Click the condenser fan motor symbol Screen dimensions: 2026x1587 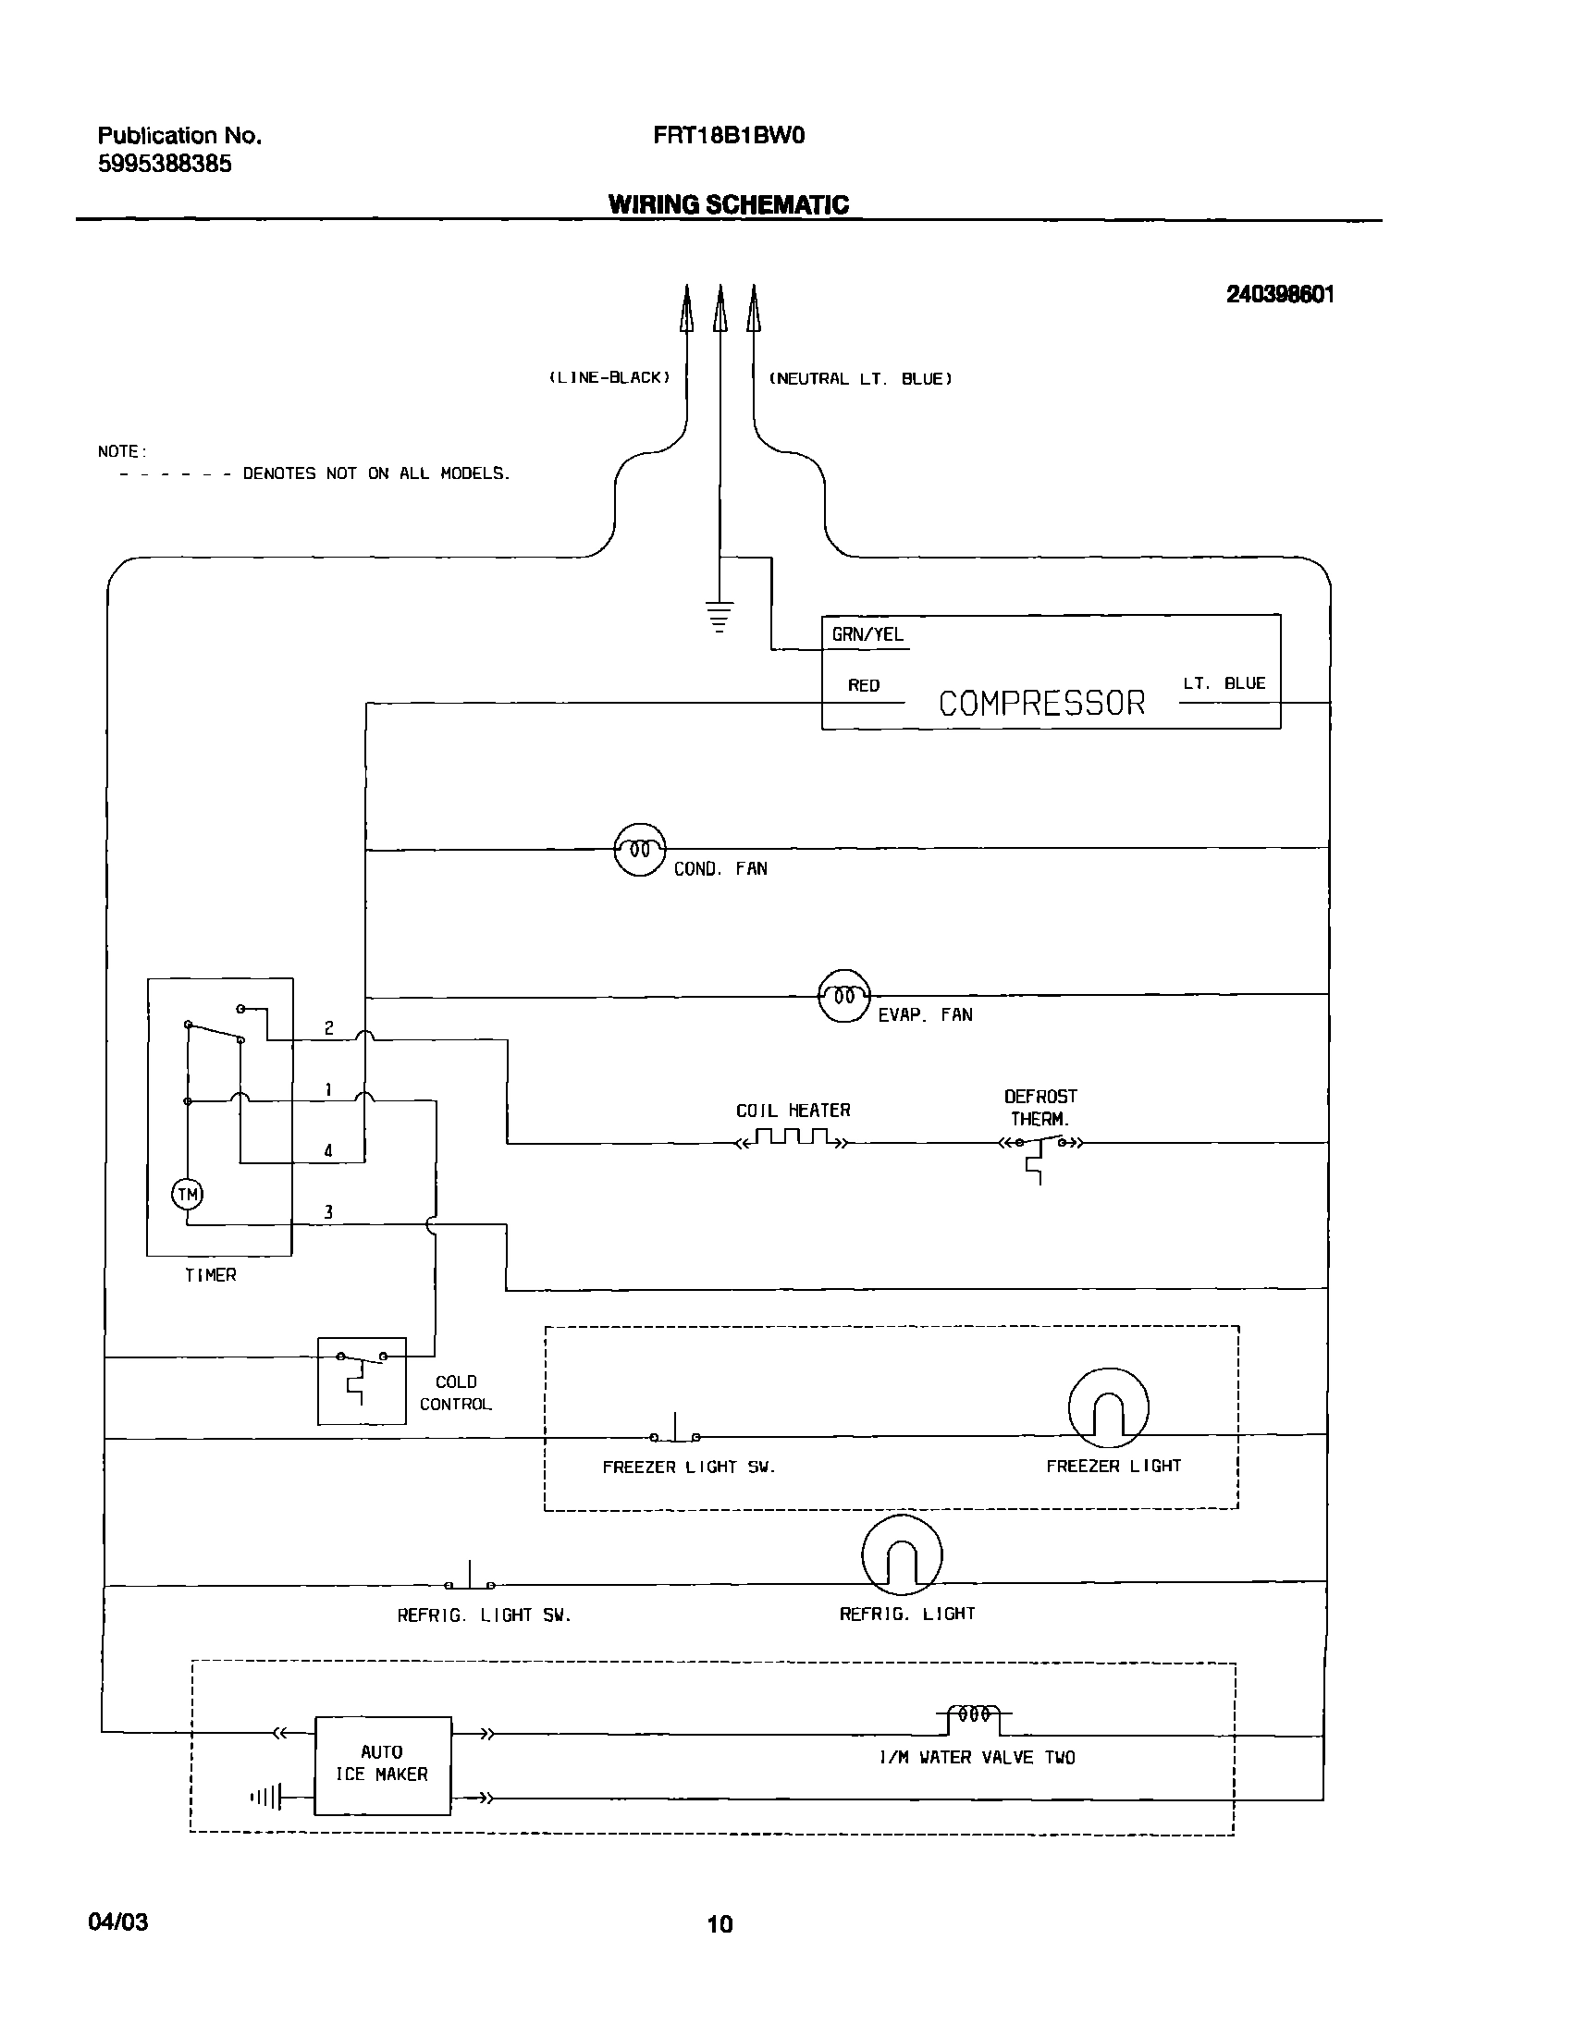pyautogui.click(x=640, y=850)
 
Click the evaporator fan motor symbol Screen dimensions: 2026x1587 pyautogui.click(x=843, y=996)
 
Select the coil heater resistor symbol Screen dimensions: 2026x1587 pyautogui.click(x=792, y=1139)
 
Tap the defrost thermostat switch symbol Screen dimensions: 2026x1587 pyautogui.click(x=1040, y=1147)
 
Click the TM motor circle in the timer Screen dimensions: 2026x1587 pyautogui.click(x=188, y=1195)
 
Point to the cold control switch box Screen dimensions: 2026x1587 pyautogui.click(x=362, y=1381)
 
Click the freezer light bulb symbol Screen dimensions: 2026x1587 pyautogui.click(x=1109, y=1408)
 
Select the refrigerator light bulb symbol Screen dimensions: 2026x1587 pyautogui.click(x=902, y=1556)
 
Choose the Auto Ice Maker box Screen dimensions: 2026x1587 pyautogui.click(x=383, y=1765)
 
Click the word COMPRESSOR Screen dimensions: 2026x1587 pyautogui.click(x=1041, y=703)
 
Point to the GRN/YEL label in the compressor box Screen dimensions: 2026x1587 pyautogui.click(x=867, y=634)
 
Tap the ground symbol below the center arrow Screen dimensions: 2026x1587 pyautogui.click(x=720, y=617)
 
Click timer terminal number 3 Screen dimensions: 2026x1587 pyautogui.click(x=328, y=1212)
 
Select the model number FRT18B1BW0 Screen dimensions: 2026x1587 pyautogui.click(x=729, y=136)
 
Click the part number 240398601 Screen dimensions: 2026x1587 pyautogui.click(x=1279, y=294)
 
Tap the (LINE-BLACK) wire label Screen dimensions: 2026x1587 pyautogui.click(x=609, y=377)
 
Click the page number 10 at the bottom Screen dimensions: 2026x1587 pyautogui.click(x=720, y=1923)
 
